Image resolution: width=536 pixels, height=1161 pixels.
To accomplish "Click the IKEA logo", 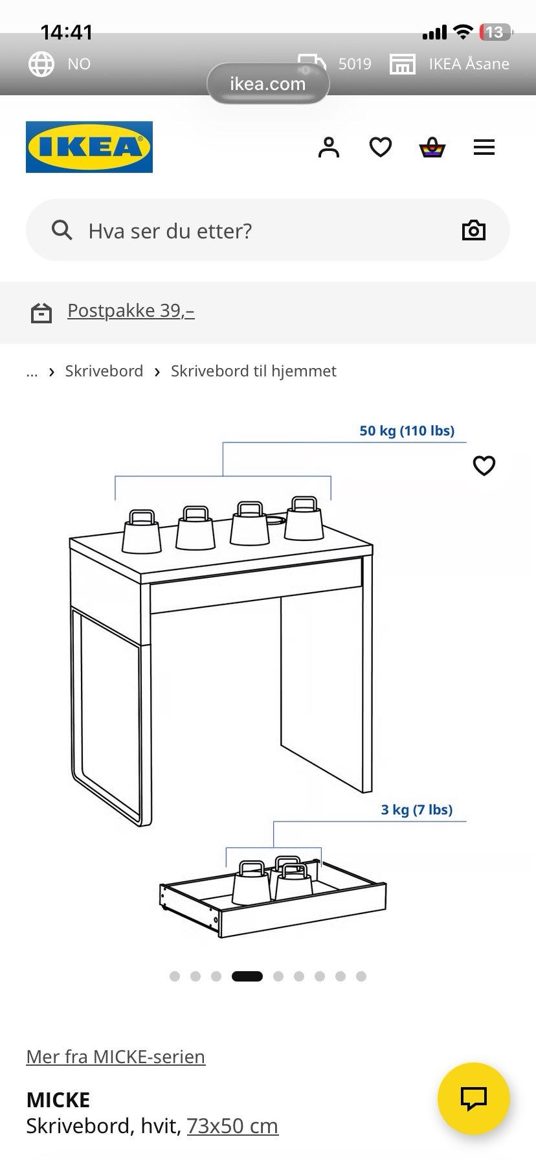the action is pyautogui.click(x=89, y=147).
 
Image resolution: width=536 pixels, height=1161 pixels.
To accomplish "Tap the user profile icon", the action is pyautogui.click(x=329, y=147).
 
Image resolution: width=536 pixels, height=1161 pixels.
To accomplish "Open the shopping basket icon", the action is pyautogui.click(x=432, y=148).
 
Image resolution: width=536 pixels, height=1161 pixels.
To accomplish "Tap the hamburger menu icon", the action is pyautogui.click(x=484, y=148).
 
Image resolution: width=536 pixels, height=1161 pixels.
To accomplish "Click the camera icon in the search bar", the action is pyautogui.click(x=473, y=230).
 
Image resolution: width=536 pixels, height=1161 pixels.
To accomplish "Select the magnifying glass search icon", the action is pyautogui.click(x=61, y=230).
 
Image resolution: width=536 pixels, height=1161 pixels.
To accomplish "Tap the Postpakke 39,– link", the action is pyautogui.click(x=131, y=311).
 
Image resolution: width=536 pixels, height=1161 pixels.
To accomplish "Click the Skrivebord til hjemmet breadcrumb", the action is pyautogui.click(x=254, y=371).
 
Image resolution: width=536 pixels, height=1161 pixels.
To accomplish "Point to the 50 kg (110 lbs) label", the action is pyautogui.click(x=407, y=431).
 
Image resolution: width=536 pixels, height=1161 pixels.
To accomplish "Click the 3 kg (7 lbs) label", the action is pyautogui.click(x=417, y=810).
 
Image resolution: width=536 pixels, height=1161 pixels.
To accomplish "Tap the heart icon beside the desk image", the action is pyautogui.click(x=484, y=465).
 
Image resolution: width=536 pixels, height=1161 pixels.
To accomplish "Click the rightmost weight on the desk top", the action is pyautogui.click(x=304, y=518).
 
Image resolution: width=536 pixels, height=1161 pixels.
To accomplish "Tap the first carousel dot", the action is pyautogui.click(x=175, y=976).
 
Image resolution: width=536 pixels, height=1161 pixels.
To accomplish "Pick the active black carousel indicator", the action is pyautogui.click(x=247, y=976).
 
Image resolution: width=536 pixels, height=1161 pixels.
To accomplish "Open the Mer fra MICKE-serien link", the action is pyautogui.click(x=116, y=1057).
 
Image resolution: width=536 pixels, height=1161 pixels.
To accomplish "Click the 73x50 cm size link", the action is pyautogui.click(x=232, y=1126).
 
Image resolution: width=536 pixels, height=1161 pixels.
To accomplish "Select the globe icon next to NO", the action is pyautogui.click(x=41, y=63).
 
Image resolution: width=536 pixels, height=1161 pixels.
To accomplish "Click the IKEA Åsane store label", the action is pyautogui.click(x=469, y=63).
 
